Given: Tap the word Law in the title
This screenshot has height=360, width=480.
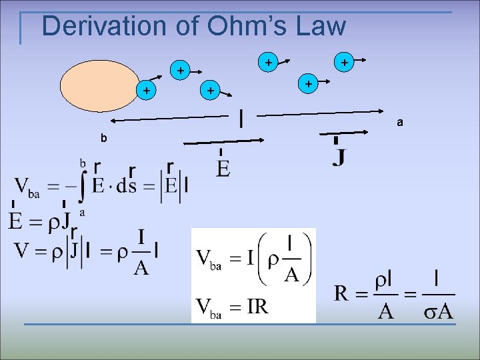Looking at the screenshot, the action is [320, 27].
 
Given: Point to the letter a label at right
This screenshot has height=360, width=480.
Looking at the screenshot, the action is [399, 123].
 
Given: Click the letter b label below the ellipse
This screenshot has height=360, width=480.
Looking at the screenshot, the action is [103, 139].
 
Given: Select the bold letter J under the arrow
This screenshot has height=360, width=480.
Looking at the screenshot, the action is [339, 158].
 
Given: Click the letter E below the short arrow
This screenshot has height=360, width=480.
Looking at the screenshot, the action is [223, 169].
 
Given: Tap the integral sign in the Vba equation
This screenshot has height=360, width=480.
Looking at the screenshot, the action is [81, 187].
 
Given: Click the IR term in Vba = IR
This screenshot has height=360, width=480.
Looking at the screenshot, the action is [256, 307].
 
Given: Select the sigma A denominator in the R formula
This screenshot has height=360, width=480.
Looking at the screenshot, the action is [439, 311].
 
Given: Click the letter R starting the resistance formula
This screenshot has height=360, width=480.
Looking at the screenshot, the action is [342, 293].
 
